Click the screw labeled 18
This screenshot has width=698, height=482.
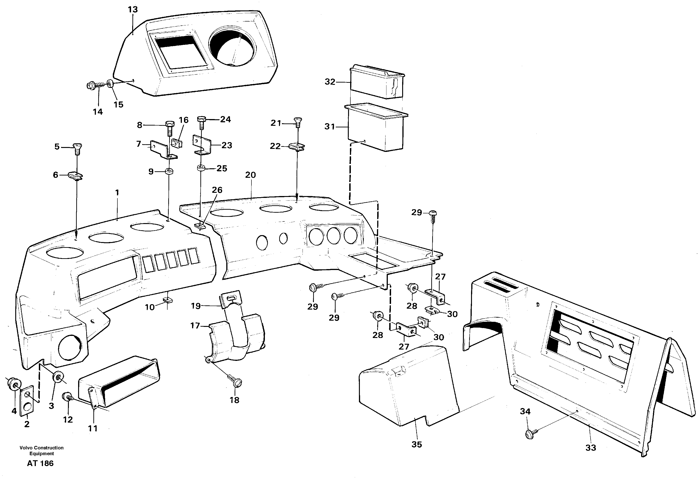click(x=236, y=381)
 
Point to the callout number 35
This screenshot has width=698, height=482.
click(x=417, y=444)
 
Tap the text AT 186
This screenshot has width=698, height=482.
click(x=40, y=464)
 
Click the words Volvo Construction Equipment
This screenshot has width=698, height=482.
click(x=42, y=451)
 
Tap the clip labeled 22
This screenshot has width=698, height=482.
click(x=297, y=147)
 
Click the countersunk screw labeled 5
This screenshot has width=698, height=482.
click(x=77, y=148)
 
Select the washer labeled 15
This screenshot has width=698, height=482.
click(x=110, y=84)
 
